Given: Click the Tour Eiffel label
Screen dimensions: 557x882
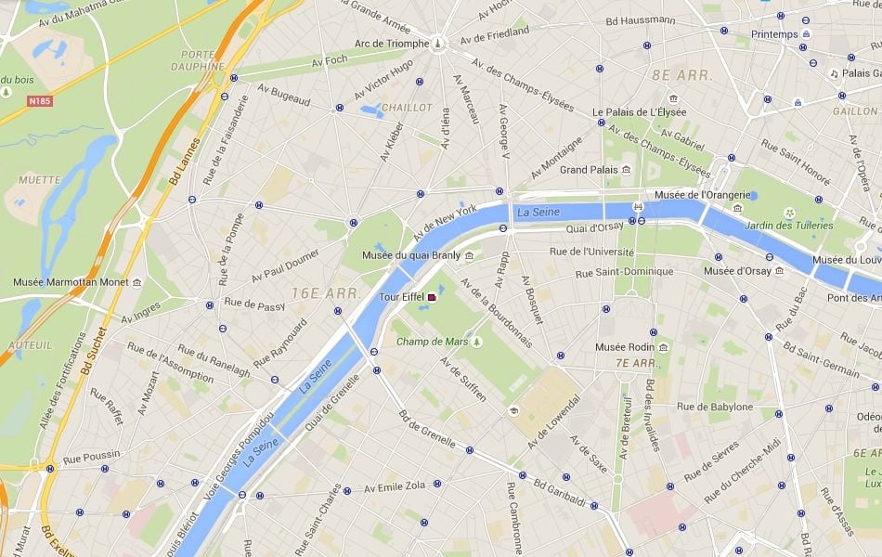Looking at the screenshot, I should tap(402, 297).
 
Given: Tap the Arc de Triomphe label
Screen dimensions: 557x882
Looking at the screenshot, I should tap(392, 44).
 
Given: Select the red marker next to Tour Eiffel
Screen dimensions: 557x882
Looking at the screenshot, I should tap(432, 297).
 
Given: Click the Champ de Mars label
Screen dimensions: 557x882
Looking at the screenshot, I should tap(433, 343).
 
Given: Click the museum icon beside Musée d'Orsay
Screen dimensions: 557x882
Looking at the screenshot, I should tap(780, 271).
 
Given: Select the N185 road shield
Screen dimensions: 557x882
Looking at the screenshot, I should tap(39, 100).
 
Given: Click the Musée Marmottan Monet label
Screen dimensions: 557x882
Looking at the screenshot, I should tap(71, 282).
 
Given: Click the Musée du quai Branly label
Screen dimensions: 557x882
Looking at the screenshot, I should tap(411, 255).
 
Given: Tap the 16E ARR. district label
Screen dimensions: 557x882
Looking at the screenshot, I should tap(325, 293).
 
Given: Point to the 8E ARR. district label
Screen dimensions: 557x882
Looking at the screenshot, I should tap(681, 74).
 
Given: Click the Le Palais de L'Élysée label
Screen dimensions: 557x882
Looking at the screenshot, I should tap(639, 112).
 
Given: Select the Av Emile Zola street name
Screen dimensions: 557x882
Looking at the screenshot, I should tap(395, 487).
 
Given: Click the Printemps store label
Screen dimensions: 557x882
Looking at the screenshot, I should tap(774, 34).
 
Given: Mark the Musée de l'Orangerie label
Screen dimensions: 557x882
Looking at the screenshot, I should tap(701, 194).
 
